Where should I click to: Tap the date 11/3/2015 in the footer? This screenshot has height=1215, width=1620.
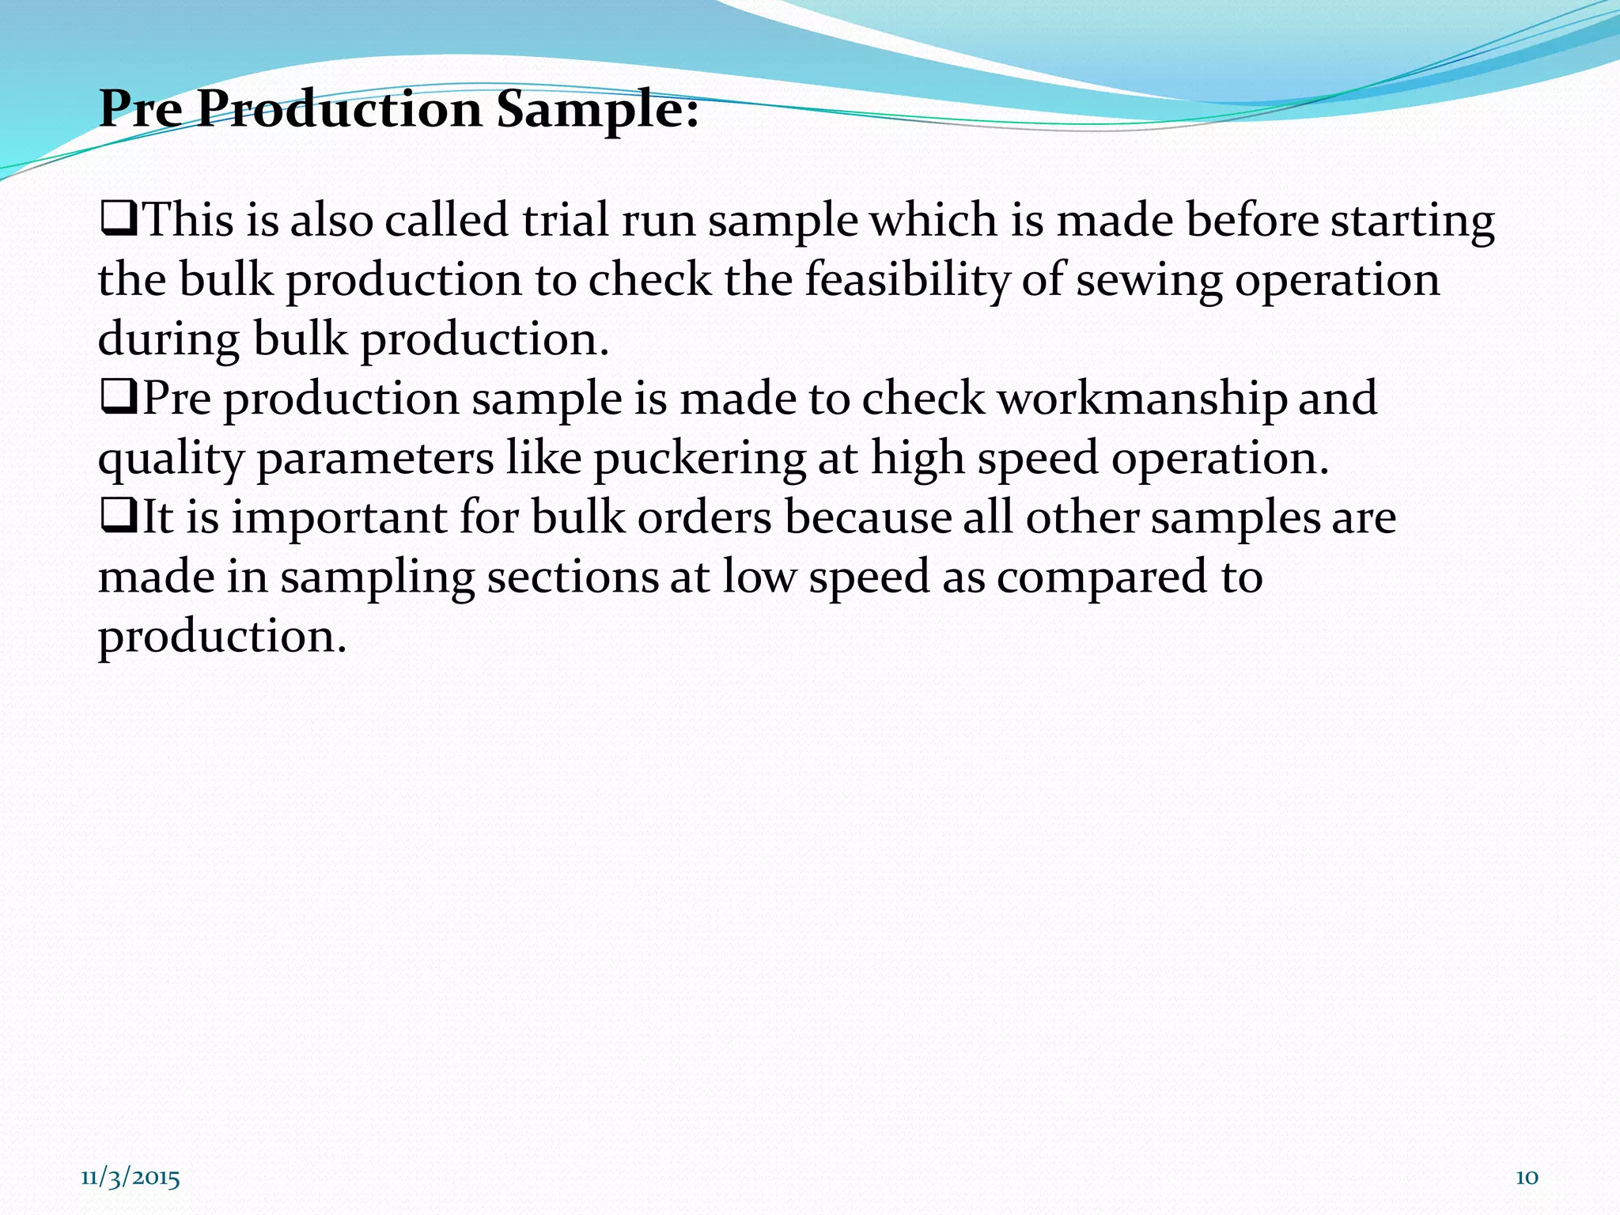tap(131, 1178)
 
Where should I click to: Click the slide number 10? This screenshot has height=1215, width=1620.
tap(1527, 1178)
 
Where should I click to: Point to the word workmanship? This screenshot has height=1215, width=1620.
tap(1141, 398)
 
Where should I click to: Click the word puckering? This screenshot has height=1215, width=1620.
tap(699, 458)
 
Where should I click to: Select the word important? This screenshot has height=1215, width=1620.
tap(339, 519)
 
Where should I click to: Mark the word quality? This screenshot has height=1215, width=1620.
tap(171, 460)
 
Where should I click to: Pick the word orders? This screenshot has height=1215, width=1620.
tap(704, 518)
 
